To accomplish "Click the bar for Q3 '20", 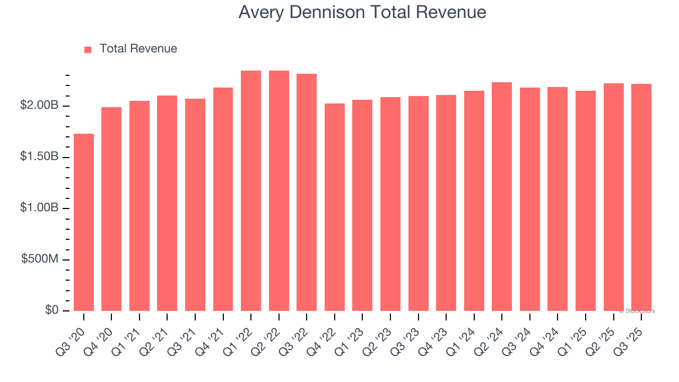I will pyautogui.click(x=84, y=222).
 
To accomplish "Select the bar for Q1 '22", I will pyautogui.click(x=251, y=190).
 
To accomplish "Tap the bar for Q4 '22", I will pyautogui.click(x=335, y=207).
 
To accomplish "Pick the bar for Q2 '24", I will pyautogui.click(x=502, y=196).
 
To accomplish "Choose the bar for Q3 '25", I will pyautogui.click(x=641, y=197).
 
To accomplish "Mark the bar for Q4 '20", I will pyautogui.click(x=111, y=209).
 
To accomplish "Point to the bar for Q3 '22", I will pyautogui.click(x=307, y=192).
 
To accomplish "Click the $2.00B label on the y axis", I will pyautogui.click(x=39, y=106).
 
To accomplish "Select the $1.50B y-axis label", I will pyautogui.click(x=39, y=157).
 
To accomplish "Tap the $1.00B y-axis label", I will pyautogui.click(x=39, y=208).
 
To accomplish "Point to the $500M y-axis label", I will pyautogui.click(x=40, y=259).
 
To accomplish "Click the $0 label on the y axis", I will pyautogui.click(x=51, y=310).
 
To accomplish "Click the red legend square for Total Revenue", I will pyautogui.click(x=88, y=49).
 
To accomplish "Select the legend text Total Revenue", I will pyautogui.click(x=138, y=49).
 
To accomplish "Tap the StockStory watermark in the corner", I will pyautogui.click(x=637, y=311).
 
